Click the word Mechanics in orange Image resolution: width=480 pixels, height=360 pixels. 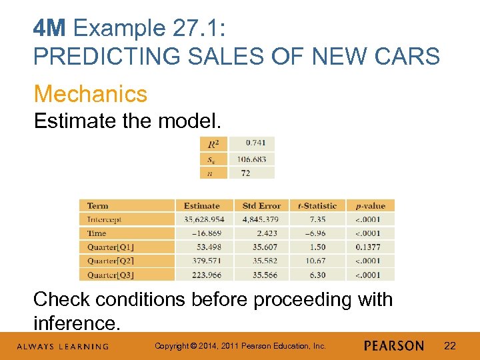coord(90,94)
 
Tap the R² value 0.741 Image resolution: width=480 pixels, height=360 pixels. coord(255,143)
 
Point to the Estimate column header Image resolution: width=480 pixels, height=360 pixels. coord(201,206)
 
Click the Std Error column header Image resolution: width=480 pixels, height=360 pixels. coord(261,206)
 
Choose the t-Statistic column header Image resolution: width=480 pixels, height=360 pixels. coord(317,206)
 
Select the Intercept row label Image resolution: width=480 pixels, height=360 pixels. coord(104,219)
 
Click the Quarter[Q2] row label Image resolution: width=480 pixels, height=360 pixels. coord(110,261)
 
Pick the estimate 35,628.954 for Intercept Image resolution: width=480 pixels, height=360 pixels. coord(204,219)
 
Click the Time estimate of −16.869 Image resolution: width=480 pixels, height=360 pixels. coord(207,233)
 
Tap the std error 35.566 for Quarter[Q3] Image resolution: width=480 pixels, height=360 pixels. coord(261,275)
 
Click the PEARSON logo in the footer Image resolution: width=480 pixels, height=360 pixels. coord(393,346)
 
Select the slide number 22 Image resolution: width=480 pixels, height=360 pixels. coord(450,346)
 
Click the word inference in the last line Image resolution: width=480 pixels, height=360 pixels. coord(76,323)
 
